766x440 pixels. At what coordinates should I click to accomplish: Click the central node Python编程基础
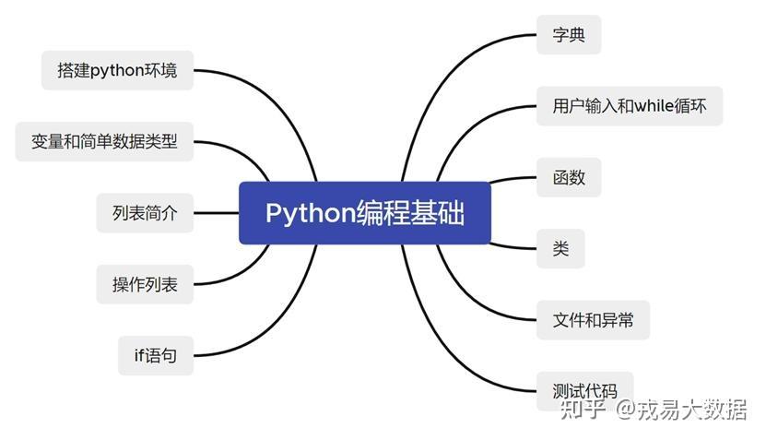click(365, 213)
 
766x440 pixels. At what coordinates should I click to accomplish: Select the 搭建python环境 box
click(117, 70)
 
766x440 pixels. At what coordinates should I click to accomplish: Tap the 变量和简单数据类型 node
click(104, 141)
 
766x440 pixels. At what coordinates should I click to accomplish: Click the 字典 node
click(569, 35)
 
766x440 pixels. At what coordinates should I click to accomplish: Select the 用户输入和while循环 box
click(630, 106)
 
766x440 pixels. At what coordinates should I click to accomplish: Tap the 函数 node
click(569, 177)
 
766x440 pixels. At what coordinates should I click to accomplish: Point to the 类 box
click(560, 248)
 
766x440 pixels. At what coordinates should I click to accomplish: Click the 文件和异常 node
click(593, 320)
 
